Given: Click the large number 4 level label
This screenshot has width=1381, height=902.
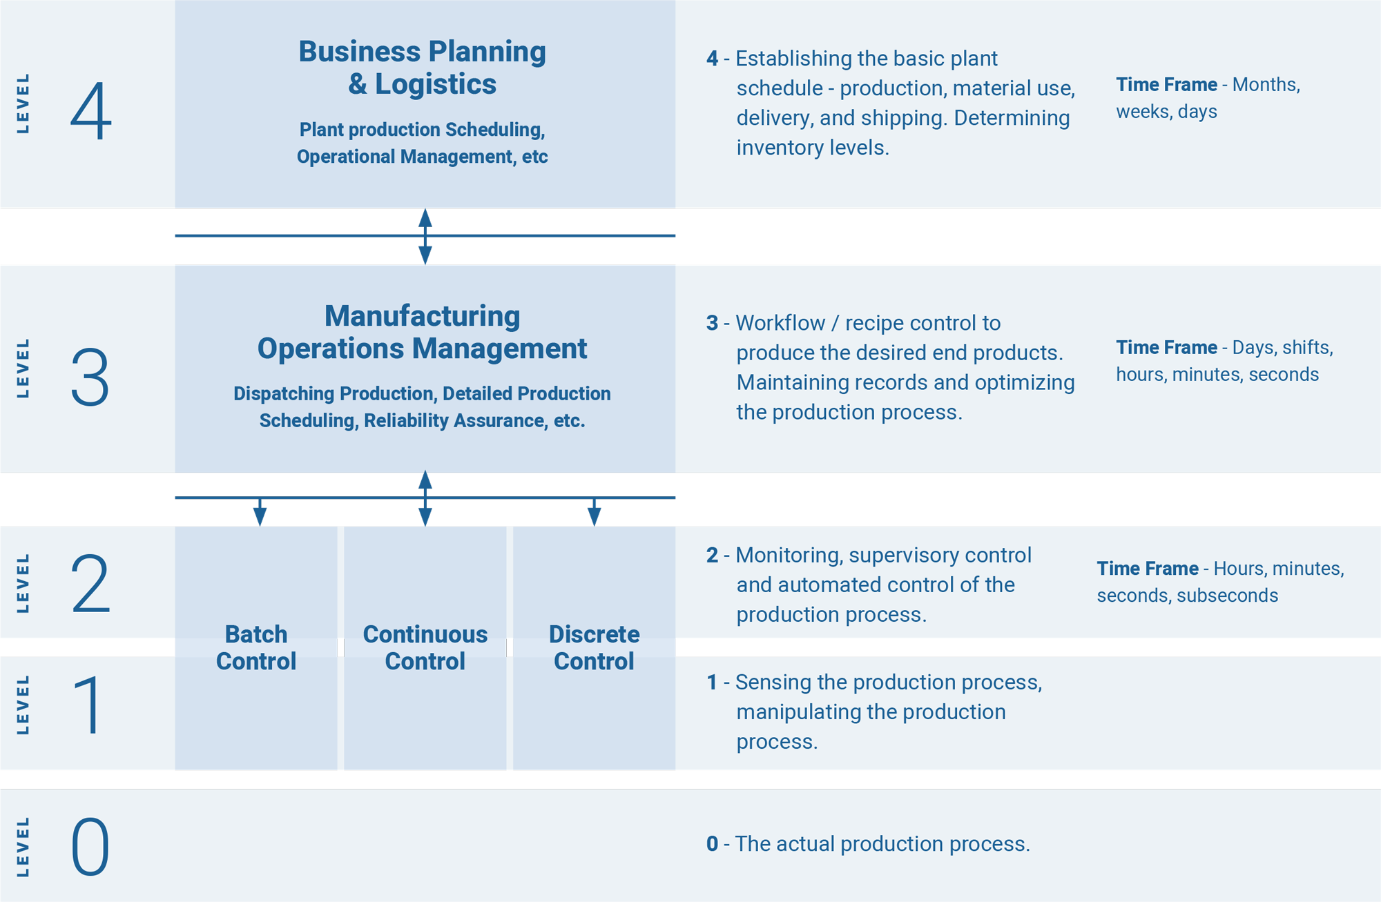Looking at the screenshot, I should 90,110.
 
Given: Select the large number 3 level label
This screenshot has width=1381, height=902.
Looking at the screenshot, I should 90,377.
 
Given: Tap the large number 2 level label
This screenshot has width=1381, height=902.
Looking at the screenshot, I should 90,584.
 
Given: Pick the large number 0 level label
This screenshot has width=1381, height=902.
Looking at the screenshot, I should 90,847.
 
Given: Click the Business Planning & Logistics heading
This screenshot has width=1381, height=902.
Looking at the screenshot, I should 422,68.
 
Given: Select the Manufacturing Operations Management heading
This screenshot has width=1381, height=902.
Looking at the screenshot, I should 422,332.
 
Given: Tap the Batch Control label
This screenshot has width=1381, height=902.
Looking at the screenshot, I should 256,647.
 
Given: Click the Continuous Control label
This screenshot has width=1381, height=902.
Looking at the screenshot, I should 425,647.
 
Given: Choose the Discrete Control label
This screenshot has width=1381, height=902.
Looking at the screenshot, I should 594,647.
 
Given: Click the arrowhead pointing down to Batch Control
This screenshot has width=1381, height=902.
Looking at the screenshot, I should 260,516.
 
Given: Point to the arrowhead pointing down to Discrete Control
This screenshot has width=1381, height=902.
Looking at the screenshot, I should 594,516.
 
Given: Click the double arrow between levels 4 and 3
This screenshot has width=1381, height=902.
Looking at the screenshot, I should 425,237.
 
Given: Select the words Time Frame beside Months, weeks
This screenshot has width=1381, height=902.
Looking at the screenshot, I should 1166,85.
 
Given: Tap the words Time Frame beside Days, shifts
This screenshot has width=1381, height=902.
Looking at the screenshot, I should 1166,347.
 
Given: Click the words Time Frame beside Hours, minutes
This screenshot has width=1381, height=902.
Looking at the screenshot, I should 1148,569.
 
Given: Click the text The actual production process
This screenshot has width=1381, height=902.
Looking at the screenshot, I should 882,844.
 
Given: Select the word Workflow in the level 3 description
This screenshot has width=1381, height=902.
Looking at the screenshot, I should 780,323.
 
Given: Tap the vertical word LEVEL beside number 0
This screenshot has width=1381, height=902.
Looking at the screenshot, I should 23,847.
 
